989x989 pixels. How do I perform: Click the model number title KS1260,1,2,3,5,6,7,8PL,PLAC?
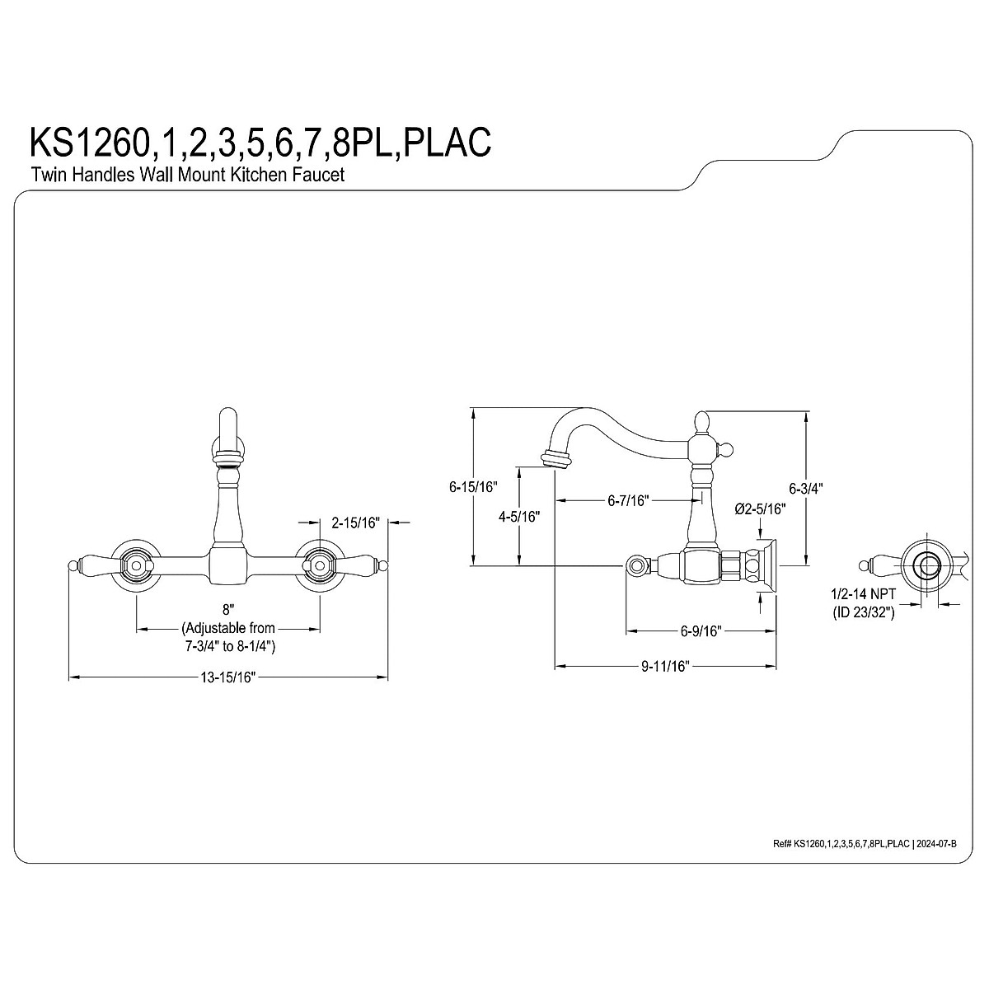[261, 141]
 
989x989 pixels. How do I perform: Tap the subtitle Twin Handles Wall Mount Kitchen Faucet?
[187, 175]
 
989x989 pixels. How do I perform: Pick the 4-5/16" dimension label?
[518, 517]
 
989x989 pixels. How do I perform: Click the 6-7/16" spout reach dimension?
[628, 499]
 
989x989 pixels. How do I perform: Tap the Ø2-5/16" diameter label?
[760, 509]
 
